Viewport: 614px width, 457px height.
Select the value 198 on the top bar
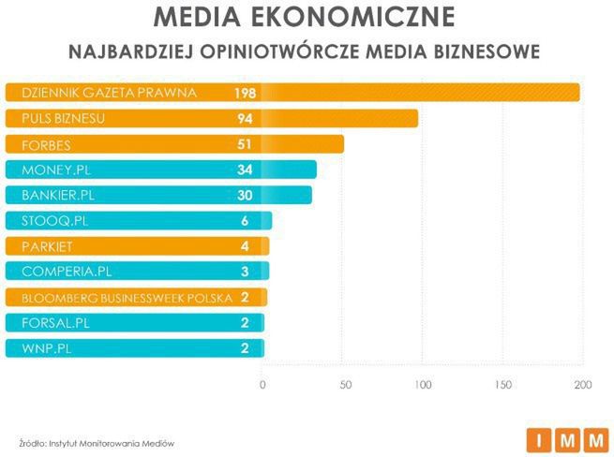pos(246,93)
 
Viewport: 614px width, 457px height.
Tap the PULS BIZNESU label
pos(62,119)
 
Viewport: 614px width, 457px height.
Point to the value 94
pos(246,119)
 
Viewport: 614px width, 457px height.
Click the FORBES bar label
pos(45,145)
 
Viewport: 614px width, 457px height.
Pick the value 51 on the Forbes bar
pos(246,145)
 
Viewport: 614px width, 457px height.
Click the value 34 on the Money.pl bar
pos(246,170)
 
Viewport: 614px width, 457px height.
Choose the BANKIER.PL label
pos(58,196)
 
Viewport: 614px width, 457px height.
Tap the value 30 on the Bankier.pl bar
pos(246,196)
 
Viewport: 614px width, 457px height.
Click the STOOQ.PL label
pos(52,221)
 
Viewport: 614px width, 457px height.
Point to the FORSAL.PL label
pos(52,323)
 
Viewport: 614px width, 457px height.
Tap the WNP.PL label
pos(43,349)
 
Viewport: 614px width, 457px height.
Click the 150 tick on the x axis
pos(502,385)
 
